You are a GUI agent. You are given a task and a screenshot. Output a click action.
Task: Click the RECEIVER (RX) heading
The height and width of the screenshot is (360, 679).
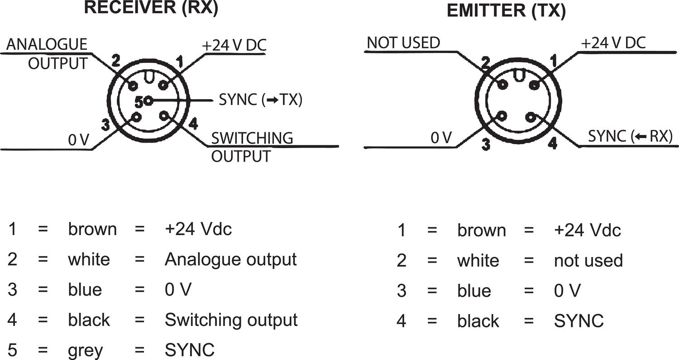point(152,9)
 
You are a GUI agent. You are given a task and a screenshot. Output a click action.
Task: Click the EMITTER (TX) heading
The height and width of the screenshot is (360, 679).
point(506,11)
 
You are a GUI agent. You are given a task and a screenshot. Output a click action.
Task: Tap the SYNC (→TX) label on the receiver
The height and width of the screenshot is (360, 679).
point(260,100)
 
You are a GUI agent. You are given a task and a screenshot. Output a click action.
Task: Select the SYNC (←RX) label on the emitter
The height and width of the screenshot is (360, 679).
point(630,136)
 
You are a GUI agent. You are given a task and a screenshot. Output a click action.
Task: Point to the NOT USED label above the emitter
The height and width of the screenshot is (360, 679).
point(403,43)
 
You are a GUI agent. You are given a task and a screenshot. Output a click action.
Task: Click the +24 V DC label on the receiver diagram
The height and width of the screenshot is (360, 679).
point(234,45)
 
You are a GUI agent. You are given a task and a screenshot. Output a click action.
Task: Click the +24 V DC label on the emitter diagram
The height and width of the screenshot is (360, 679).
point(613,43)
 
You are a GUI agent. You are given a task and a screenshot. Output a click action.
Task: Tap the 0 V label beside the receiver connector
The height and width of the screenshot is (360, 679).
point(79,140)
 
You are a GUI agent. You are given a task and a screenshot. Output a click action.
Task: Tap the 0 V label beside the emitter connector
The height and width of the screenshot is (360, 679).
point(441,138)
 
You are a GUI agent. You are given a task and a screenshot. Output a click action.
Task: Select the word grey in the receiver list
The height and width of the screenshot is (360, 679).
point(86,350)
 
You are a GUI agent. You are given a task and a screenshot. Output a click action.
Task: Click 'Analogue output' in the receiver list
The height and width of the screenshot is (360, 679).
point(230,259)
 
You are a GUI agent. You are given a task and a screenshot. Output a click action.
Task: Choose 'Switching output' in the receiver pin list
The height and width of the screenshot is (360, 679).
point(231,320)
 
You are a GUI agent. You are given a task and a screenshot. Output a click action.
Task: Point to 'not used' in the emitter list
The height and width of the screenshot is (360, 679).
point(588,260)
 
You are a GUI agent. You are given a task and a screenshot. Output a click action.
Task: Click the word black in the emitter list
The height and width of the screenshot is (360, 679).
point(478,321)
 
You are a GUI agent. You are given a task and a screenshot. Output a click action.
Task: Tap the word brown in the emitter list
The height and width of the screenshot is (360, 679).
point(481,230)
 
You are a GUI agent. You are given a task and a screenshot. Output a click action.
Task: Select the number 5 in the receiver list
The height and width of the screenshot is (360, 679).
point(12,350)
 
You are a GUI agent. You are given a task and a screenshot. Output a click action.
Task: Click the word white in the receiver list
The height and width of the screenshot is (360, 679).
point(89,259)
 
